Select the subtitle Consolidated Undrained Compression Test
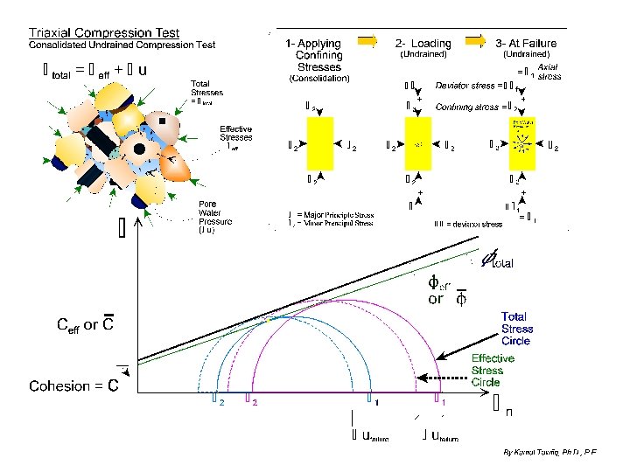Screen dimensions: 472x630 pyautogui.click(x=122, y=45)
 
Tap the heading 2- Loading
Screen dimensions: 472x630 pyautogui.click(x=423, y=43)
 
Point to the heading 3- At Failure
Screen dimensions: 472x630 pyautogui.click(x=525, y=43)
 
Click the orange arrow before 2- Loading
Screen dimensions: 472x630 pyautogui.click(x=369, y=39)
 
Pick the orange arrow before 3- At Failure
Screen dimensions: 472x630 pyautogui.click(x=474, y=39)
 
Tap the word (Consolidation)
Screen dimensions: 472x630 pyautogui.click(x=318, y=79)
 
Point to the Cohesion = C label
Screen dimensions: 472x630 pyautogui.click(x=74, y=386)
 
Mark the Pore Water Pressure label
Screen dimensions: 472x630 pyautogui.click(x=214, y=218)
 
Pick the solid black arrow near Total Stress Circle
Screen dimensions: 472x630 pyautogui.click(x=464, y=346)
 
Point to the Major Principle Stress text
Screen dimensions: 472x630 pyautogui.click(x=337, y=214)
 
